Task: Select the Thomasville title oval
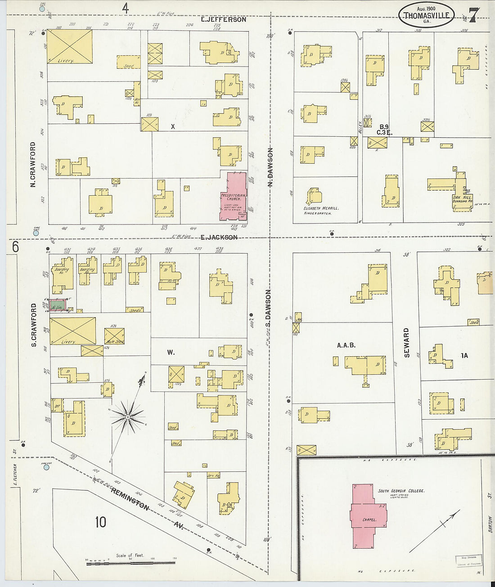click(x=426, y=15)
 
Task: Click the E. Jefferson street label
click(x=224, y=19)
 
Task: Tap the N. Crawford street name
click(x=32, y=165)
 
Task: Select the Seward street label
click(x=406, y=343)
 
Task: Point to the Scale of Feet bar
click(x=130, y=562)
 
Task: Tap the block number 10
click(x=100, y=522)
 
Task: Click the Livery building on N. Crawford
click(x=70, y=46)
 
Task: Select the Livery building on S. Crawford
click(x=72, y=331)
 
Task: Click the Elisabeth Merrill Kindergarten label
click(x=321, y=211)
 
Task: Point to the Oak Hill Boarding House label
click(x=462, y=199)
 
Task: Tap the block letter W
click(x=171, y=352)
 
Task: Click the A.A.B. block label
click(x=346, y=345)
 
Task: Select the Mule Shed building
click(x=114, y=336)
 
